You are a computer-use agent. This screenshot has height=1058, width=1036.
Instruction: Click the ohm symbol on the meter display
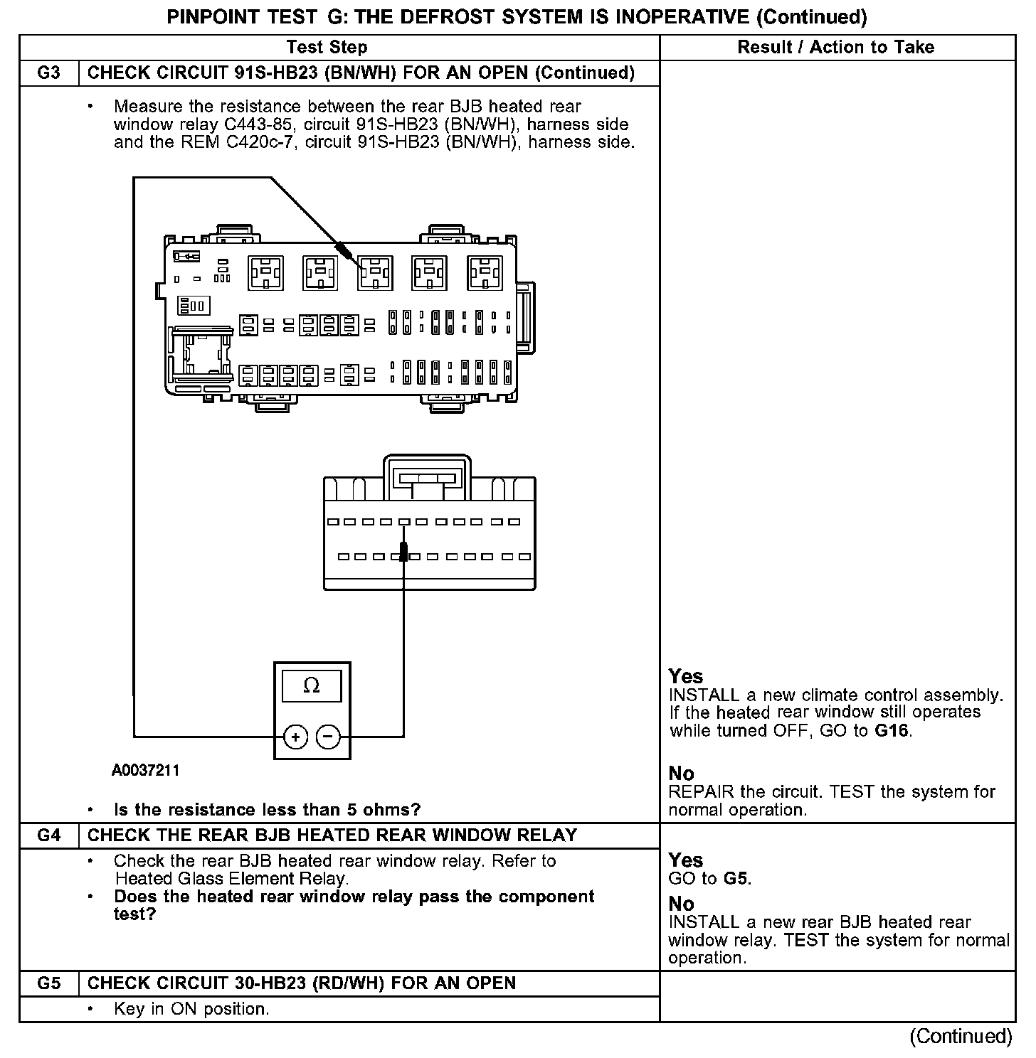pos(312,685)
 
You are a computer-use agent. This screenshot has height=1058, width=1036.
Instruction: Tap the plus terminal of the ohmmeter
pos(295,737)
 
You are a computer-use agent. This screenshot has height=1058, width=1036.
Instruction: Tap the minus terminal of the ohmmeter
pos(328,737)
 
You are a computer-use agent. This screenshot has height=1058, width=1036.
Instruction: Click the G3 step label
pos(48,73)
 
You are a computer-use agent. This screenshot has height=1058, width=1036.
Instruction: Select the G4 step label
pos(48,835)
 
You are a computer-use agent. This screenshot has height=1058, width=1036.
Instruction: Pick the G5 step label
pos(48,983)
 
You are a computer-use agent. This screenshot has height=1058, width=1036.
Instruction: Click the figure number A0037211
pos(146,770)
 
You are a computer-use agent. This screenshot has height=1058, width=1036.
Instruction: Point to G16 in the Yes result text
pos(892,730)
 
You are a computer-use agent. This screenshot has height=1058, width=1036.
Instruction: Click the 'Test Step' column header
pos(327,48)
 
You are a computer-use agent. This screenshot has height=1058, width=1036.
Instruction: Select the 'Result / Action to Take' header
pos(836,48)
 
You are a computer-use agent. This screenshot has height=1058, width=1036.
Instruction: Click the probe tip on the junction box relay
pos(346,251)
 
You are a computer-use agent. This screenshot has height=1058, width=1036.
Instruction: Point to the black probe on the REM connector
pos(403,551)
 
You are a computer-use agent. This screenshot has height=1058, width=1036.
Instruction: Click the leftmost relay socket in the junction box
pos(265,273)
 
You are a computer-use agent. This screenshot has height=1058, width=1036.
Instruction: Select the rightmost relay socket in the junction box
pos(485,273)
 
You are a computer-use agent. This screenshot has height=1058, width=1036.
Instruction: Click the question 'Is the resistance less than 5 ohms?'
pos(268,809)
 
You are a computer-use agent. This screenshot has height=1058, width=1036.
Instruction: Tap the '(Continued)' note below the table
pos(961,1036)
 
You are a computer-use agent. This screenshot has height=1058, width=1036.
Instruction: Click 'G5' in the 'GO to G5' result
pos(736,878)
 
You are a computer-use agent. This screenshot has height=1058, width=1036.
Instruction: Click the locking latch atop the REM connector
pos(427,478)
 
